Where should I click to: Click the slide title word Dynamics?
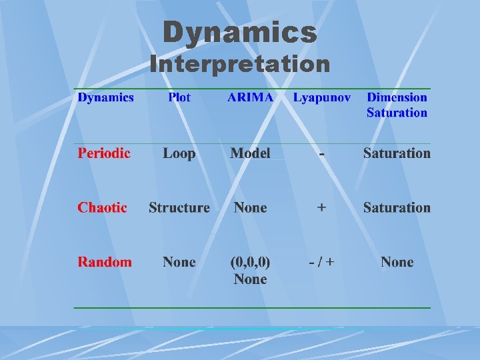(x=240, y=32)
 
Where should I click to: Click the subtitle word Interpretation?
(x=240, y=65)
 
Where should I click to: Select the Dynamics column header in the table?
(x=105, y=97)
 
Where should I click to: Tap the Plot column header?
(x=179, y=97)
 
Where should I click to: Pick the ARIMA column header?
(x=250, y=97)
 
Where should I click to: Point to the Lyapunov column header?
(x=322, y=97)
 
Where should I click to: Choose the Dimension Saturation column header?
(x=397, y=105)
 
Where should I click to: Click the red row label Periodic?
(x=104, y=153)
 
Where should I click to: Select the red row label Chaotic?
(x=102, y=207)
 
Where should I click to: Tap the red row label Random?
(x=105, y=262)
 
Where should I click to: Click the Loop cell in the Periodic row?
(x=179, y=153)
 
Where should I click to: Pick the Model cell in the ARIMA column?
(x=250, y=153)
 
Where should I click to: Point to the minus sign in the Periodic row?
(x=322, y=154)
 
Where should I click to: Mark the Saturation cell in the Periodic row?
(x=397, y=153)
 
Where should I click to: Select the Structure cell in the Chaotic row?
(x=179, y=207)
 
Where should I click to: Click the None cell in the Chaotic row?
(x=250, y=207)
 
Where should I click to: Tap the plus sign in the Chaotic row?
(x=322, y=207)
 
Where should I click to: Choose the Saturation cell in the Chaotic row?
(x=397, y=207)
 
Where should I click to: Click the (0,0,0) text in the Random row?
(x=250, y=262)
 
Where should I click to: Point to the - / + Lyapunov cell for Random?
(x=322, y=262)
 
